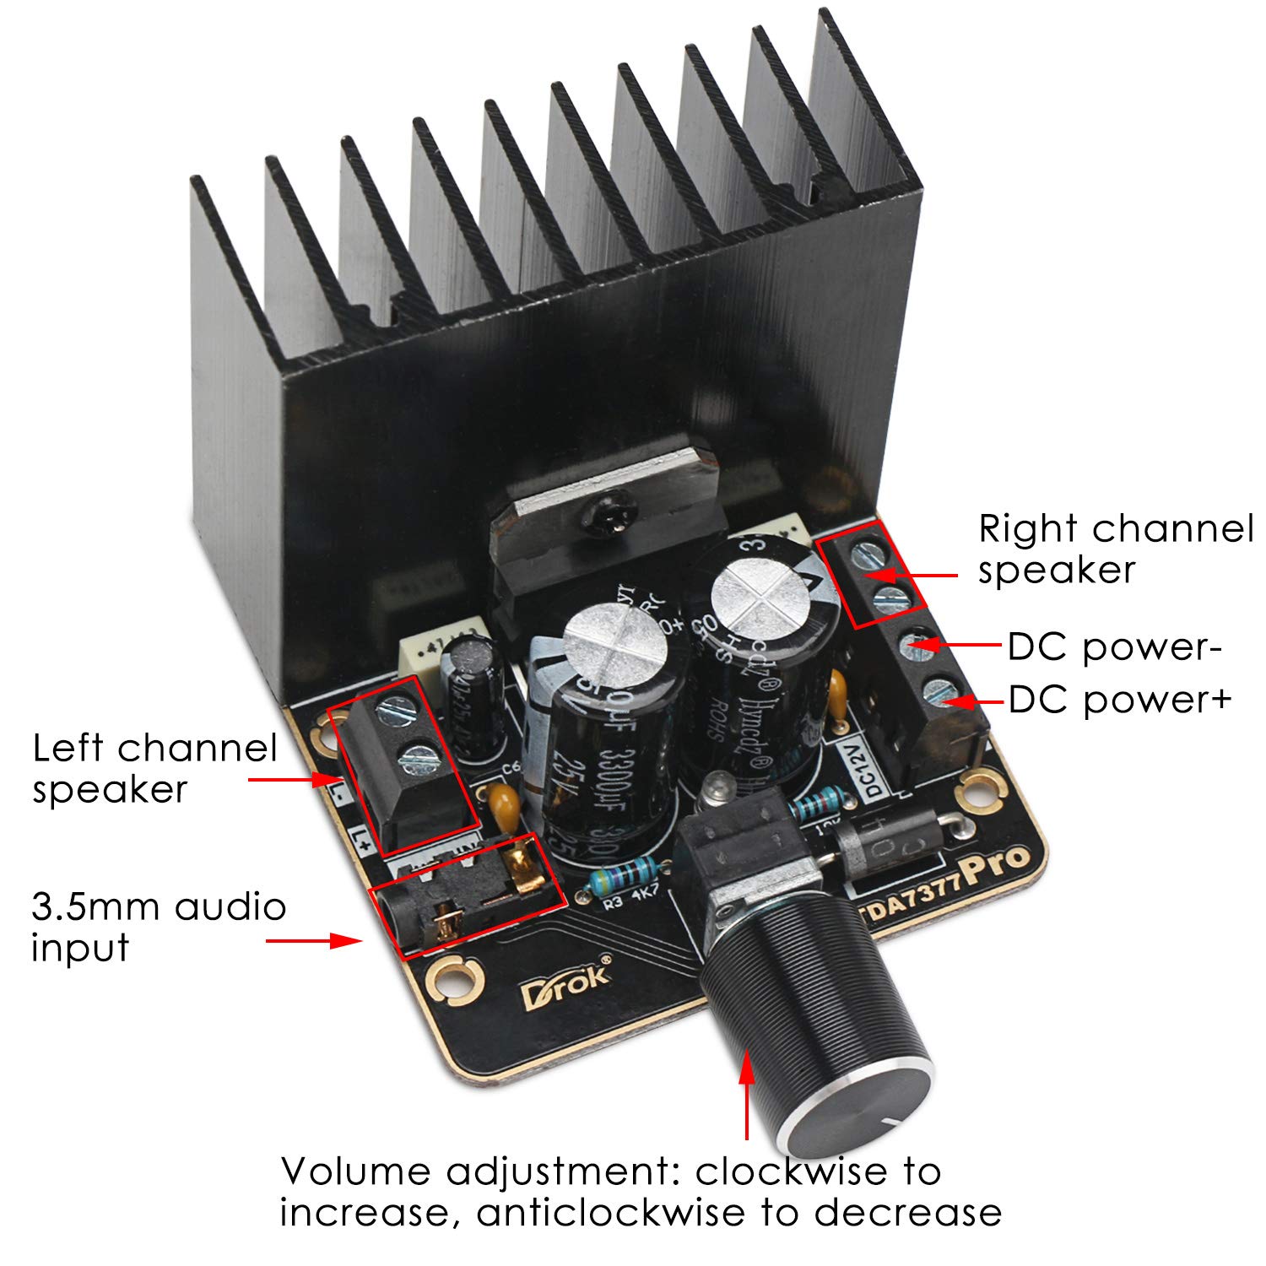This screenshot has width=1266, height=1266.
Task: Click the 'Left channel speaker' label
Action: tap(155, 768)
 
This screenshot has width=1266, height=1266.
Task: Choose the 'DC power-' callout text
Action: tap(1115, 647)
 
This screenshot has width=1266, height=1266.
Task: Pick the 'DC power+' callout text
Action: tap(1120, 700)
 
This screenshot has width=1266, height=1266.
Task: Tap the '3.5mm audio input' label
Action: tap(159, 927)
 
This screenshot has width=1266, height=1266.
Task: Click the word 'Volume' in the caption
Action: tap(356, 1171)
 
